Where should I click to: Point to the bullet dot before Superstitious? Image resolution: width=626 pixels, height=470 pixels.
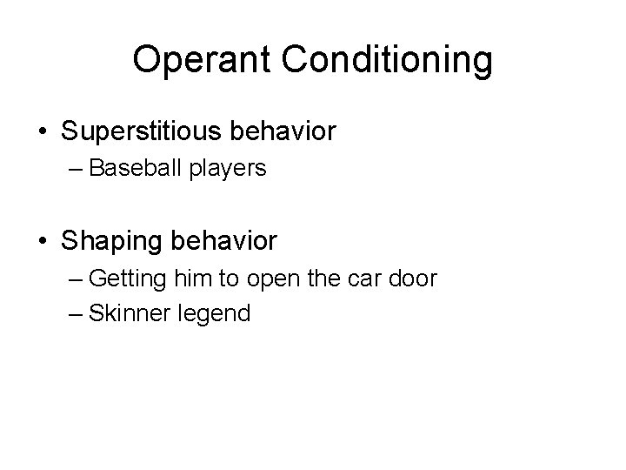[42, 133]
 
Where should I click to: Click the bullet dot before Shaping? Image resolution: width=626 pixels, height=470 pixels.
[42, 238]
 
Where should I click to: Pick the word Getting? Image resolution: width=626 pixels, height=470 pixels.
[124, 279]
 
